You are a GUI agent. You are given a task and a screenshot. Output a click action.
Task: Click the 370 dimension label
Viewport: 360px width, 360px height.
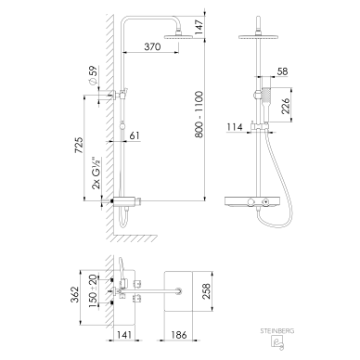152,46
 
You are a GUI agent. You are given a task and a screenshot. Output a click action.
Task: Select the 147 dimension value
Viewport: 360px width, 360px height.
199,27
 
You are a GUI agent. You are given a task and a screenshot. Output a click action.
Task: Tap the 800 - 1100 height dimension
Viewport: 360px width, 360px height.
199,114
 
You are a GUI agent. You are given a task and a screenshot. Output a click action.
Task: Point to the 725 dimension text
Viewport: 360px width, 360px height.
79,145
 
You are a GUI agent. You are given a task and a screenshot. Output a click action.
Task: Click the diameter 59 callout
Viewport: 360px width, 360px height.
93,75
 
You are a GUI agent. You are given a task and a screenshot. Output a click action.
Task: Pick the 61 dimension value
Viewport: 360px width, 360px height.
135,135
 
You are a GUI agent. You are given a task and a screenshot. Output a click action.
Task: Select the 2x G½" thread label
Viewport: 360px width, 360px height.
96,173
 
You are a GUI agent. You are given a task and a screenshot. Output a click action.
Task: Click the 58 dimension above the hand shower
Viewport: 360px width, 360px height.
282,71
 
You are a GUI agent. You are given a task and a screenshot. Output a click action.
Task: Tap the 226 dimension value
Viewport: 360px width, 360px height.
286,106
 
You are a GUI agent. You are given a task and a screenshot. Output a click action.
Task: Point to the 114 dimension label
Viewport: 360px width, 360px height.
235,127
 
